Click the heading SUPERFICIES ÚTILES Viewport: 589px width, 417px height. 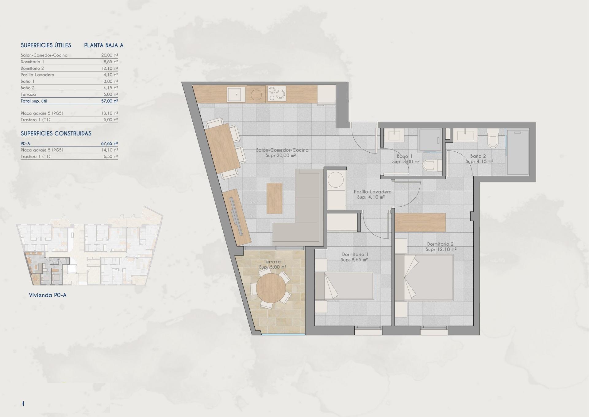(x=46, y=45)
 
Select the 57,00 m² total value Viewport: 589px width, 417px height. (x=110, y=101)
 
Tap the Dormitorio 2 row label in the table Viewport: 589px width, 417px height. (x=32, y=68)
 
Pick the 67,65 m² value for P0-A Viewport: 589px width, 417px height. (x=110, y=143)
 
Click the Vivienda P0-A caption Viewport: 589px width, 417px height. (x=48, y=295)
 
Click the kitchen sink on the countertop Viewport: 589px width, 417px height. (x=236, y=94)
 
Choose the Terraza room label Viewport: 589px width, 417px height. (x=272, y=262)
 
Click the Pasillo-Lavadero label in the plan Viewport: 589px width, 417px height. (x=372, y=192)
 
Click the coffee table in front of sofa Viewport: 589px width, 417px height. (x=274, y=198)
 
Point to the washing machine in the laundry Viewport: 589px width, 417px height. (x=336, y=179)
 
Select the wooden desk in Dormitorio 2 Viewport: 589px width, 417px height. (x=420, y=222)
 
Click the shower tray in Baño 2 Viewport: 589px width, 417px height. (x=518, y=152)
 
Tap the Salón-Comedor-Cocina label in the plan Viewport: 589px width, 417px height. (x=282, y=150)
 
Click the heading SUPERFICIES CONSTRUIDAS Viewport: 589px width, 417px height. (x=56, y=134)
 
